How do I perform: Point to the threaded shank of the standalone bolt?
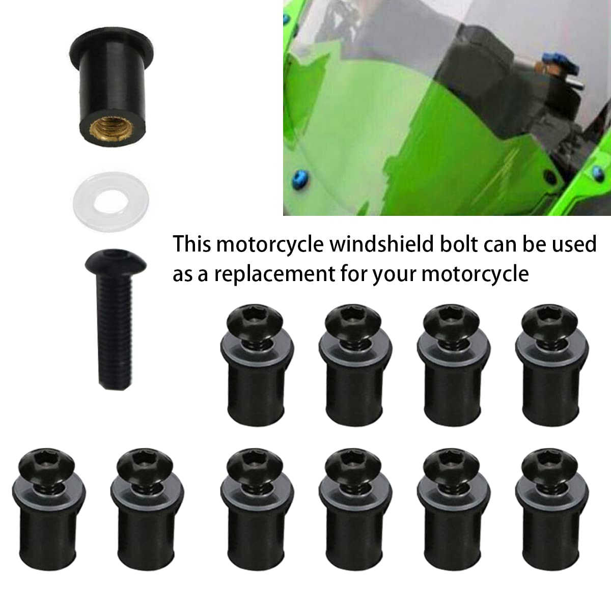coord(115,331)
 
